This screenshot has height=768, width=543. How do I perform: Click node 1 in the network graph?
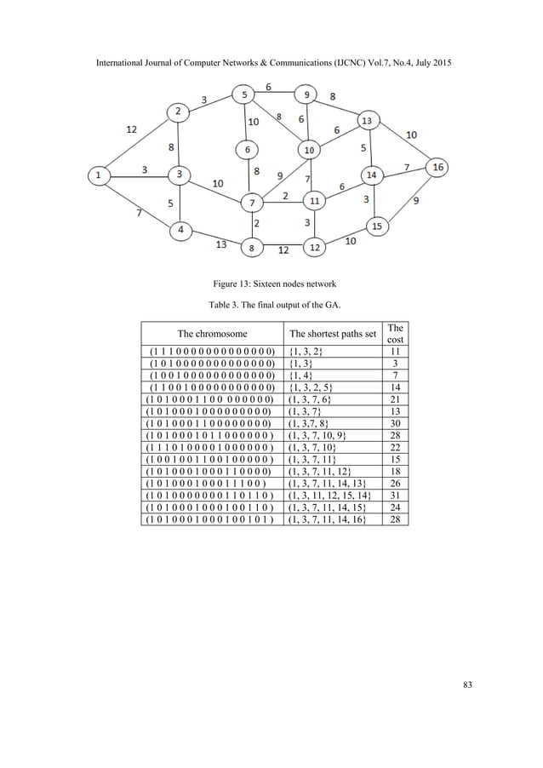(100, 176)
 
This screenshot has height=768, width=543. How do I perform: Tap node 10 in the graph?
(309, 151)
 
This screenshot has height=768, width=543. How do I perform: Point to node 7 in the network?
(252, 203)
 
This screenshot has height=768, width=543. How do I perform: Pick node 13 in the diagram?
(367, 120)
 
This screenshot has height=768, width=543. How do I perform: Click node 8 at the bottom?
(252, 248)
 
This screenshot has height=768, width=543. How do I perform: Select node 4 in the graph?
(181, 229)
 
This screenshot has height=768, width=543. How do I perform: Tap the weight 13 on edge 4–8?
(220, 243)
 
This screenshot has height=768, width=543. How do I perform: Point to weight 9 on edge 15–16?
(416, 201)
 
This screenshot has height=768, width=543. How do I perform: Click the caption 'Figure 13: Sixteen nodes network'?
(271, 284)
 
